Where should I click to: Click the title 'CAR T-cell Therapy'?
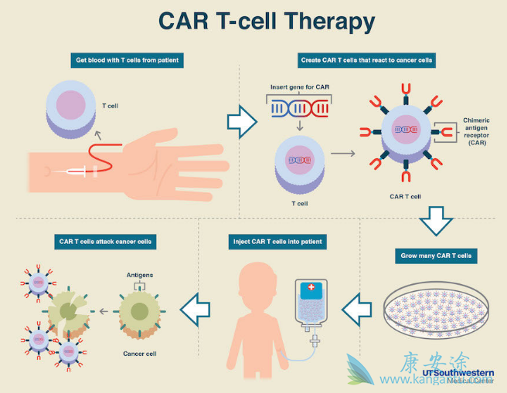[x=267, y=21]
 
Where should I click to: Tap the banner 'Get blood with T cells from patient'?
[x=130, y=59]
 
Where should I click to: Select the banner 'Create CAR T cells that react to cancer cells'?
[x=366, y=59]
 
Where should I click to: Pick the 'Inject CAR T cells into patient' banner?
[x=277, y=242]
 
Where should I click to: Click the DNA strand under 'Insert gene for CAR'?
[x=298, y=110]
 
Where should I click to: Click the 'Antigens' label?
[x=139, y=274]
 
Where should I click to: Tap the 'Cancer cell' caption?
[x=139, y=354]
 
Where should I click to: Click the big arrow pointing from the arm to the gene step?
[x=243, y=121]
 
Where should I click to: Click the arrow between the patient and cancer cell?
[x=194, y=310]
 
